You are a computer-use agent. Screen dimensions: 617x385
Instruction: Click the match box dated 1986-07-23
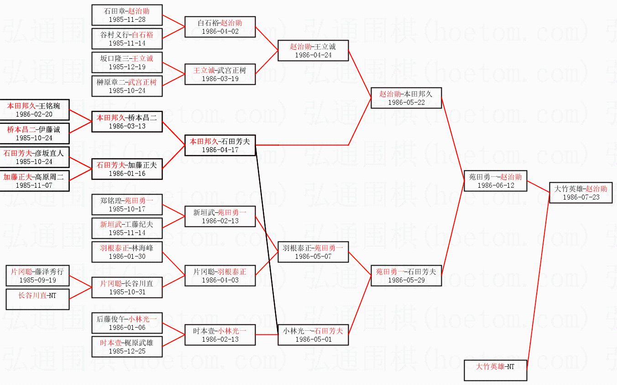coord(580,192)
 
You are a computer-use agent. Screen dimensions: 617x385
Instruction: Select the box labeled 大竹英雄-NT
coord(496,370)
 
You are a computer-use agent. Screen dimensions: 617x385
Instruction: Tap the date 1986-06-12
coord(496,185)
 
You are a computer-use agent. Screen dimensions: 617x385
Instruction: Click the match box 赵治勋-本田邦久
coord(406,98)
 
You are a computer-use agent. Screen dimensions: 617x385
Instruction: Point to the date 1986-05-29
coord(406,280)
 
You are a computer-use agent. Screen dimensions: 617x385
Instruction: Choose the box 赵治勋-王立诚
coord(313,51)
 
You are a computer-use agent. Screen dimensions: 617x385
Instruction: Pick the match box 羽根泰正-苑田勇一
coord(313,252)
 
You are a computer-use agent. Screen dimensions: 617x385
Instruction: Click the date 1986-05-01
coord(314,339)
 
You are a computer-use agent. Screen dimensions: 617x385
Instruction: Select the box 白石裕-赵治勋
coord(220,27)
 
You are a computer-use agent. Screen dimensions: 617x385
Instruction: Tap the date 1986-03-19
coord(220,79)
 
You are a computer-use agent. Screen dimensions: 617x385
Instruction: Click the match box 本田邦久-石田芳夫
coord(220,145)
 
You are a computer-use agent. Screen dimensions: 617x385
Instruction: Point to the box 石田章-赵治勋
coord(127,15)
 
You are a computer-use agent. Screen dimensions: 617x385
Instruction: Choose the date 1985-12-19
coord(127,67)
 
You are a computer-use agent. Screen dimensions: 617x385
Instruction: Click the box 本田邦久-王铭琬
coord(34,110)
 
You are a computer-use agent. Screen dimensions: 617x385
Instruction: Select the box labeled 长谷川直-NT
coord(37,299)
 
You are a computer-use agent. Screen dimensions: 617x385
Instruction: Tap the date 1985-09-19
coord(37,280)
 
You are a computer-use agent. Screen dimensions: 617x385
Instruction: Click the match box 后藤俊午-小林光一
coord(127,323)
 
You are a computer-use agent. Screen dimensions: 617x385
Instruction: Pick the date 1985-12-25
coord(127,351)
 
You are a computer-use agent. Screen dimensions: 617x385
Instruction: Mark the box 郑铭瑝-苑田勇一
coord(127,205)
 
